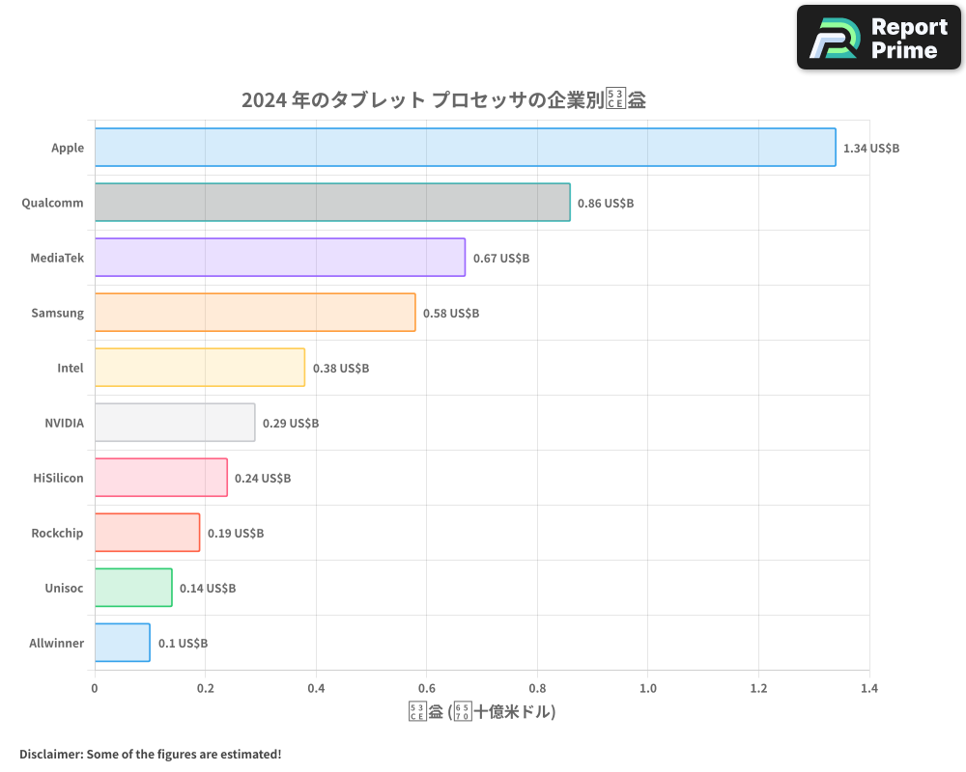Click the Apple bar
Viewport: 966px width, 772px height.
(x=465, y=148)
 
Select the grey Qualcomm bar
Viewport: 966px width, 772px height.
(x=332, y=203)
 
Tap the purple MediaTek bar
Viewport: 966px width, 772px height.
(x=280, y=258)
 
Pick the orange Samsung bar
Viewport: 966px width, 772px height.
(x=255, y=313)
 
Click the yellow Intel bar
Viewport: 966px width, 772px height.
(x=200, y=368)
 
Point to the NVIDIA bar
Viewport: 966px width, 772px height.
(x=175, y=423)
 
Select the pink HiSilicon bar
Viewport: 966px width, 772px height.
(x=161, y=478)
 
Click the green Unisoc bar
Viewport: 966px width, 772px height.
(x=133, y=588)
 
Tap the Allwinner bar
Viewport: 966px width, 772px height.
(x=123, y=643)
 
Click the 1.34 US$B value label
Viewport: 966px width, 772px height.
(x=871, y=149)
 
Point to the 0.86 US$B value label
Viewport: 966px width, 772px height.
(x=606, y=204)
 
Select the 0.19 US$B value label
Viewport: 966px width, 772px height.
(x=236, y=534)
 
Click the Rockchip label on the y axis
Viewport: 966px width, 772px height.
(x=57, y=533)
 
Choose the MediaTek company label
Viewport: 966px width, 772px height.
(x=57, y=258)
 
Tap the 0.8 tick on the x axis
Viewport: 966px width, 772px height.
(x=537, y=689)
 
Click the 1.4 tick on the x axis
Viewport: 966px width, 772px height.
(x=868, y=689)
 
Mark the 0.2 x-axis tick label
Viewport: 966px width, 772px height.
(x=205, y=689)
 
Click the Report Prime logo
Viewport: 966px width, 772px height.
(x=880, y=38)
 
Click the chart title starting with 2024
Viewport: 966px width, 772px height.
(x=443, y=100)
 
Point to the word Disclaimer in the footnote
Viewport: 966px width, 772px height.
(x=50, y=754)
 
